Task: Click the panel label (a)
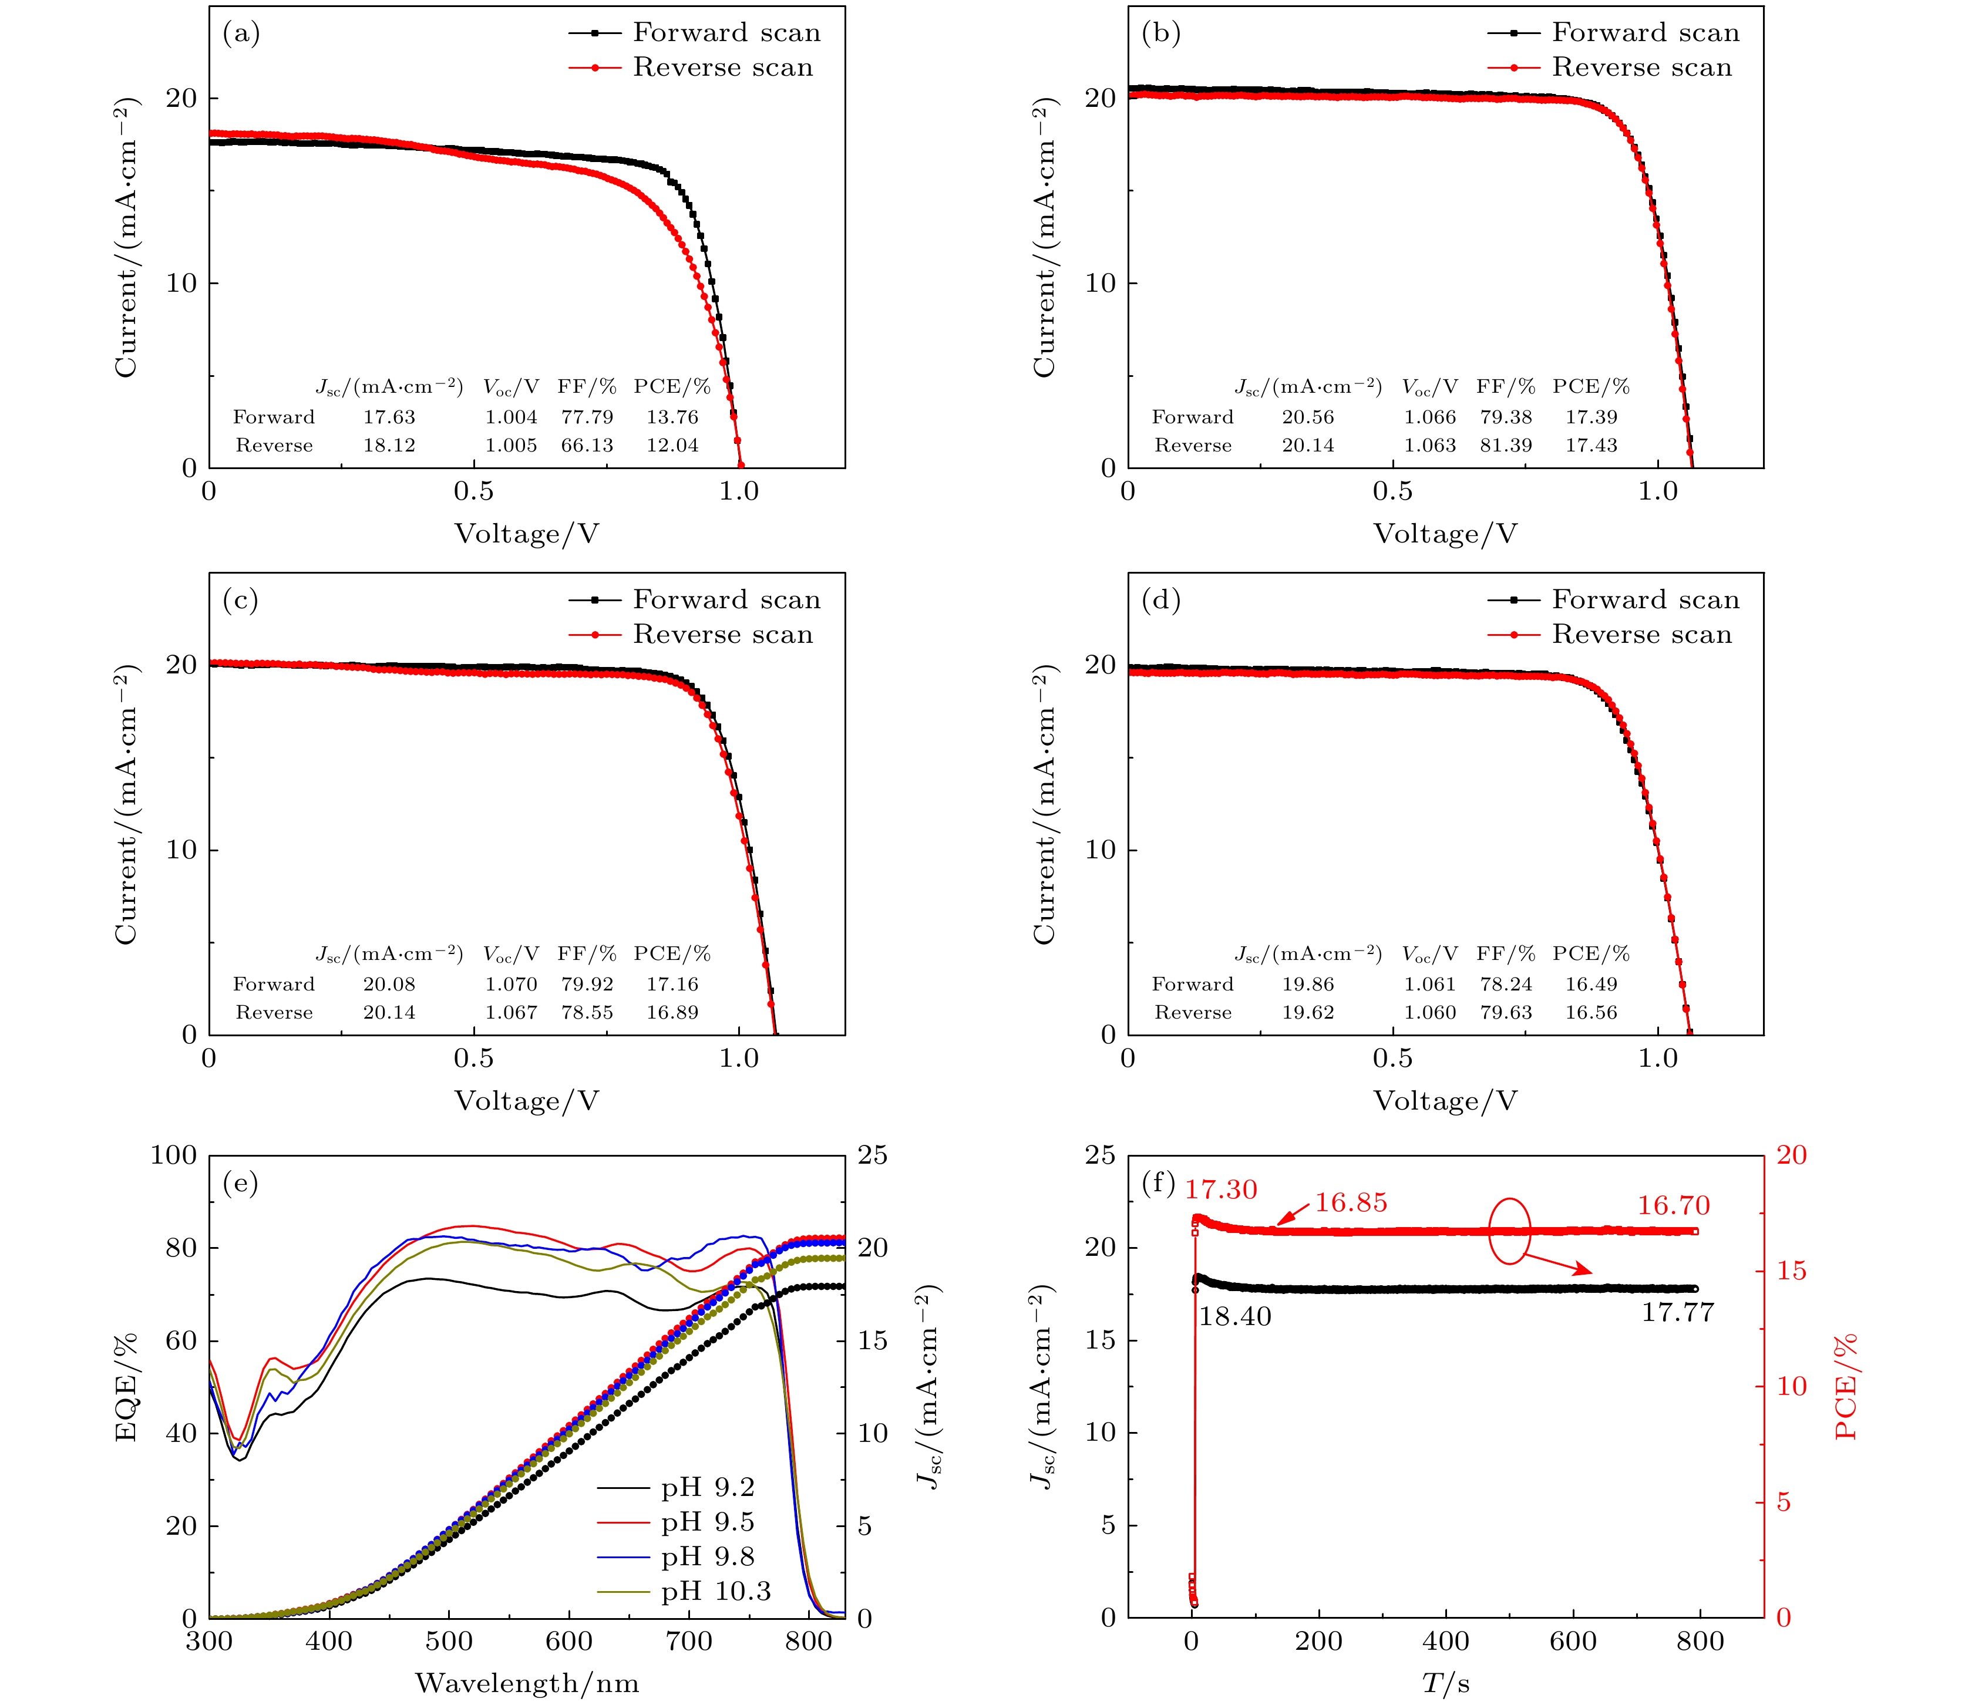coord(241,34)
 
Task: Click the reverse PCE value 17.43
coord(1591,445)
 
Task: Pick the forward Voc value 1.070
coord(511,984)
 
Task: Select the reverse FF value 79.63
coord(1505,1012)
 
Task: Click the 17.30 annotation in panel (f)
coord(1221,1190)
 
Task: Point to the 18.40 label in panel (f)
coord(1234,1317)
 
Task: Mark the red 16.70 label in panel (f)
coord(1673,1205)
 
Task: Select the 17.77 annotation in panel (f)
coord(1677,1312)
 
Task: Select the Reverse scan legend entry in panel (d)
coord(1641,635)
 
